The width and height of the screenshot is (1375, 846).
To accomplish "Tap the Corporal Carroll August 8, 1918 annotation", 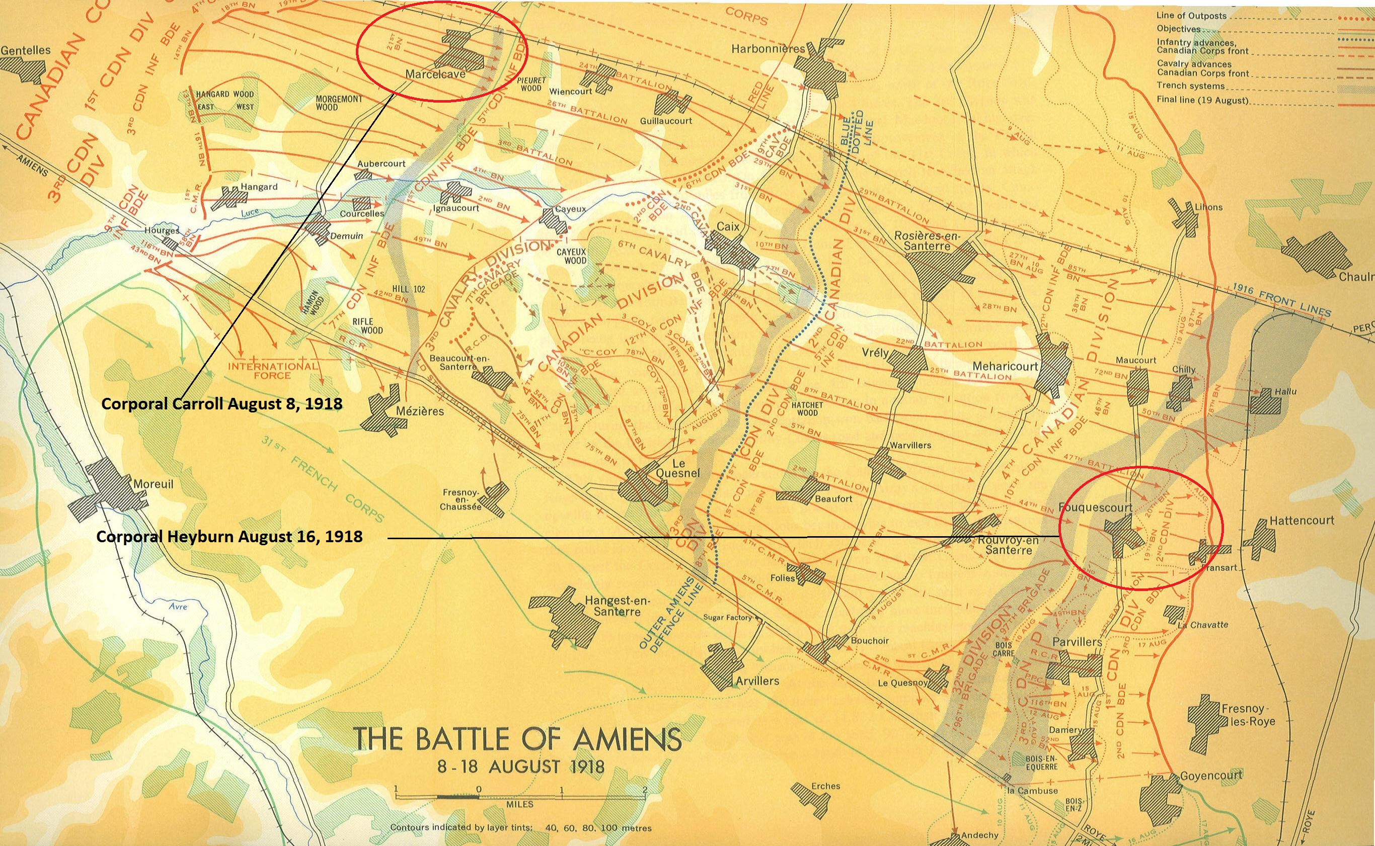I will (222, 404).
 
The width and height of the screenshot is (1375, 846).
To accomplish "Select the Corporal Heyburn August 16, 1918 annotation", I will (229, 537).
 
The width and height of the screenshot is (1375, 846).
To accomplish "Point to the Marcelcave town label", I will (435, 74).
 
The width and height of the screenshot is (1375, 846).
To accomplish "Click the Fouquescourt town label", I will (1095, 507).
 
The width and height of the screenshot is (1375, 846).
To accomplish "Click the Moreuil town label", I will (153, 484).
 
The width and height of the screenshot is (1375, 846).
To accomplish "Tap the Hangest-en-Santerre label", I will (617, 606).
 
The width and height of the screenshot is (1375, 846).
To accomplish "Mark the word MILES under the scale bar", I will (519, 804).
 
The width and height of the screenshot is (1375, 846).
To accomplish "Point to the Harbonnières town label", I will (768, 49).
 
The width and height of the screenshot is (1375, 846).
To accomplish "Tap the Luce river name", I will (250, 213).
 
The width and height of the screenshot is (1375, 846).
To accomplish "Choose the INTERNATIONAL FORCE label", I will (273, 370).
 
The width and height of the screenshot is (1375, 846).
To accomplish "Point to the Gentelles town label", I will (26, 50).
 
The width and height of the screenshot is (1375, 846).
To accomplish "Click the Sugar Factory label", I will (727, 618).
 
